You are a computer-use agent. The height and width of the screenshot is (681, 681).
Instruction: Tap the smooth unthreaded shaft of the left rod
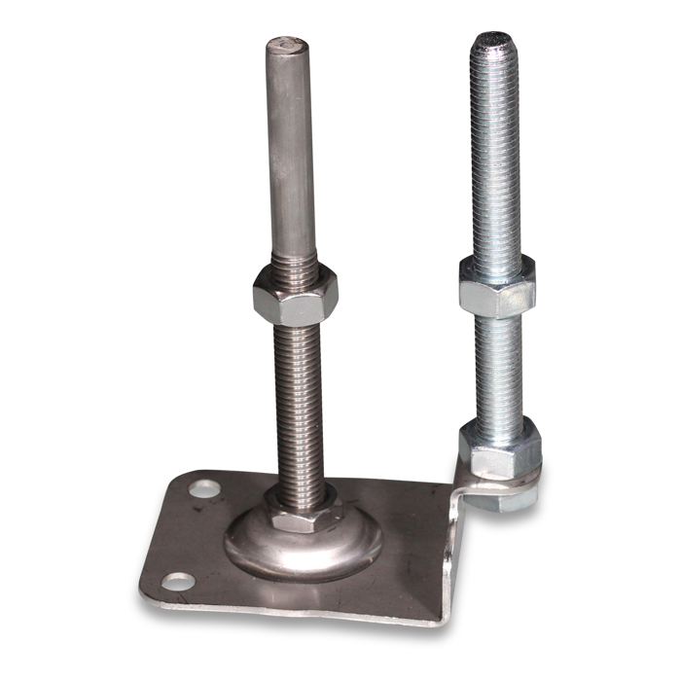pos(291,156)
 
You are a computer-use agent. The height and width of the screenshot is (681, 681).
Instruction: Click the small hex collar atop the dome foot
pos(302,512)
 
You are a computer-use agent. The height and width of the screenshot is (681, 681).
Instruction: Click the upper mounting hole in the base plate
pos(202,486)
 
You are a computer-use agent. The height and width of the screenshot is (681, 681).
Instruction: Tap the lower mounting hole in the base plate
pos(178,582)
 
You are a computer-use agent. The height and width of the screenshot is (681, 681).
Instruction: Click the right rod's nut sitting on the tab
pos(498,448)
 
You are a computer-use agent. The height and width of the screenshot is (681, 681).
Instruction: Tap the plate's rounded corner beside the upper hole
pos(180,477)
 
